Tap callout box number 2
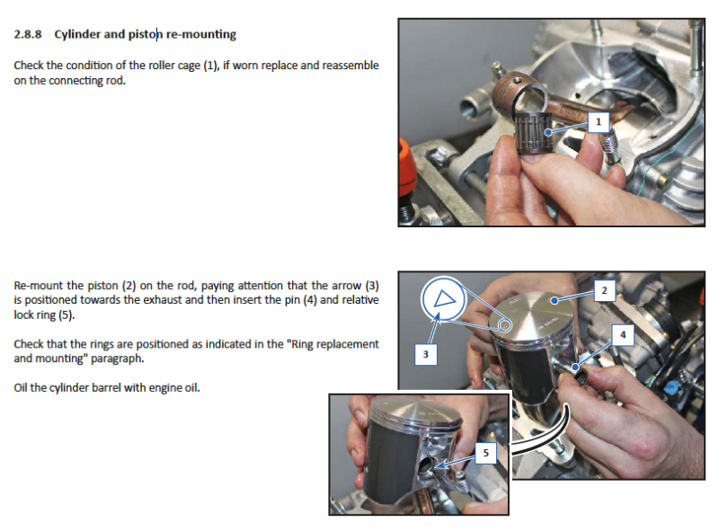tap(604, 291)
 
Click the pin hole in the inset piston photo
tap(426, 465)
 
